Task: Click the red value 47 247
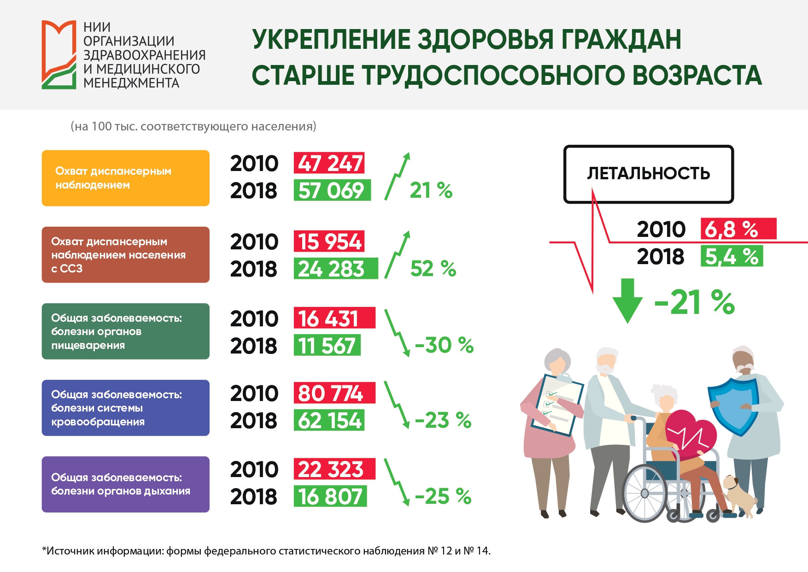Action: point(329,163)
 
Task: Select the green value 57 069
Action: point(332,190)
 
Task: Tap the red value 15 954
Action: point(329,242)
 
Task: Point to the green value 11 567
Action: point(327,346)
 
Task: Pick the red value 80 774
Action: point(334,393)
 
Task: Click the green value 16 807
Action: point(330,496)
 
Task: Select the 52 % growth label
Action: point(433,269)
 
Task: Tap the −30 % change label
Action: point(444,345)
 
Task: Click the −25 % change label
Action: point(443,496)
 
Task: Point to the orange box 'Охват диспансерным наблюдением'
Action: point(125,178)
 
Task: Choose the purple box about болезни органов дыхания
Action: point(125,484)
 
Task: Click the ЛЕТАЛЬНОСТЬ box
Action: point(649,174)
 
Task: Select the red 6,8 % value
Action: point(738,229)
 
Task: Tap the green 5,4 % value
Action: point(732,256)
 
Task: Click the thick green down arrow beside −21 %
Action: point(627,301)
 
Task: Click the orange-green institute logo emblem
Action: point(59,54)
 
